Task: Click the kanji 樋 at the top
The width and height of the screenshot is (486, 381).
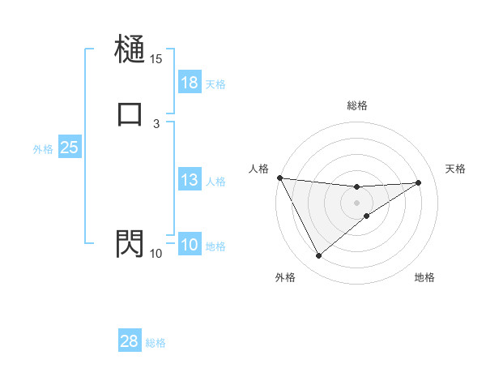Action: [130, 50]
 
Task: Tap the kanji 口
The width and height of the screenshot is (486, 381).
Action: [130, 113]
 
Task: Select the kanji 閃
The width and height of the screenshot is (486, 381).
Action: [130, 243]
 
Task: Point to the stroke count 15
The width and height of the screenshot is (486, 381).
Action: [156, 59]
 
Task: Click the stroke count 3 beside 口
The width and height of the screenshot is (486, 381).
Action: [156, 123]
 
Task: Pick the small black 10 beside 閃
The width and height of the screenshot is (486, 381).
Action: [156, 254]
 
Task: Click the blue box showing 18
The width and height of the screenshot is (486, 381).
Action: [190, 82]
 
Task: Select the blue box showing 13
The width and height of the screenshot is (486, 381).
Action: [190, 180]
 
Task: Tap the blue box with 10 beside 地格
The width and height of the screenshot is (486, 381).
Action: [190, 245]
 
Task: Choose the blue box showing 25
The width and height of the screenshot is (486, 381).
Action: [69, 148]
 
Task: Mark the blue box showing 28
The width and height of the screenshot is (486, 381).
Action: [130, 341]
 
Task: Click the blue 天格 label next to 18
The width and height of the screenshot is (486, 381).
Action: [215, 83]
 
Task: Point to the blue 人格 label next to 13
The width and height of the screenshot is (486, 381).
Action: [215, 182]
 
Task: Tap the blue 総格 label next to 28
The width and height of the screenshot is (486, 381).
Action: [156, 343]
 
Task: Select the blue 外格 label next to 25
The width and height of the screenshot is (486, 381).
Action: [43, 149]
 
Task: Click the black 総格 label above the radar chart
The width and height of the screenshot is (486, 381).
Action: [357, 105]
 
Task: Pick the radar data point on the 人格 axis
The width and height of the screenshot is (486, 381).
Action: [279, 178]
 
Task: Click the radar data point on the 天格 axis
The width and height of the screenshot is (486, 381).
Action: [419, 182]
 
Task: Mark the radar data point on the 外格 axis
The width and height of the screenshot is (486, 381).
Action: [318, 256]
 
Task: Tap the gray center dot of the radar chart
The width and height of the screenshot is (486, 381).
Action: [356, 202]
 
